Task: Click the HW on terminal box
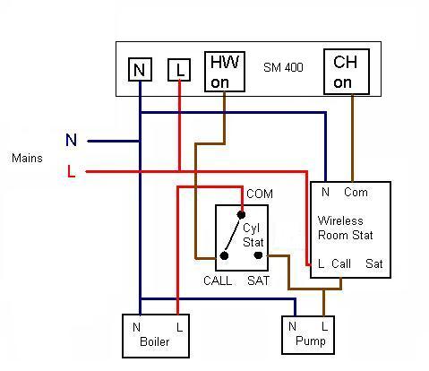(225, 72)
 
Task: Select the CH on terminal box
(347, 72)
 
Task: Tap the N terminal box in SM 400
(140, 70)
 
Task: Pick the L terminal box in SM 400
(179, 70)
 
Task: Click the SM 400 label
(283, 67)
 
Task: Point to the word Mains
(27, 158)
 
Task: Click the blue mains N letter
(71, 140)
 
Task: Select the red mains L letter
(71, 171)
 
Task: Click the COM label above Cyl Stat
(260, 194)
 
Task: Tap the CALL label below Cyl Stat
(218, 280)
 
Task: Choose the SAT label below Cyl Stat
(258, 280)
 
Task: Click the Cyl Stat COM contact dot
(241, 214)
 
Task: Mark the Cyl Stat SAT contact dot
(258, 255)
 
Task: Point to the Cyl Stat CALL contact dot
(224, 255)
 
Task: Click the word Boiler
(154, 341)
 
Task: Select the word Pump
(311, 341)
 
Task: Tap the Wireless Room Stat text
(346, 228)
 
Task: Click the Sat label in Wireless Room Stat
(374, 263)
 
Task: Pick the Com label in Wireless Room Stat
(356, 192)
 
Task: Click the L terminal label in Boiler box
(179, 327)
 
